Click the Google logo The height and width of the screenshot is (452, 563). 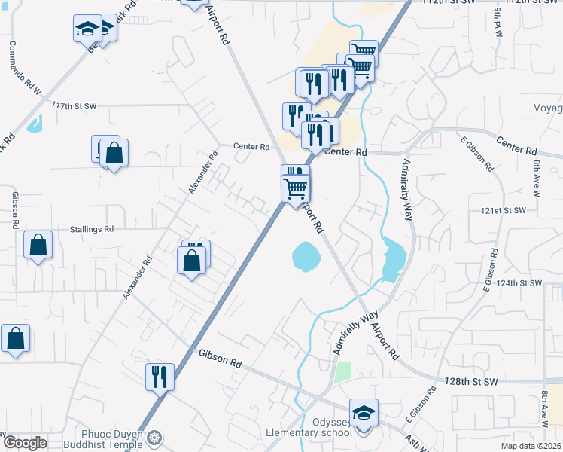(x=24, y=443)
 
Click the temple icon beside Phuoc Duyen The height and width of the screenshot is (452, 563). (x=156, y=437)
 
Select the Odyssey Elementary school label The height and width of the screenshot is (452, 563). (x=309, y=427)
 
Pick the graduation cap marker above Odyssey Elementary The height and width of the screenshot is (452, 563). (x=364, y=414)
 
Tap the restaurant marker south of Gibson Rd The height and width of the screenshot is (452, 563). (x=160, y=377)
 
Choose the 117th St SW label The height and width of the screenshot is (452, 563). (x=75, y=106)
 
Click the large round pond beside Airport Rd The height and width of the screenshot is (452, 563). (x=306, y=256)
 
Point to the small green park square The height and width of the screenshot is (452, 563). (x=343, y=371)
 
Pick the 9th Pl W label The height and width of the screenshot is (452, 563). (x=498, y=24)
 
